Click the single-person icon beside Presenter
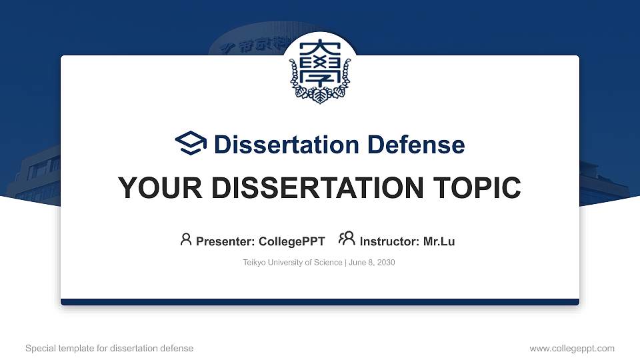click(186, 239)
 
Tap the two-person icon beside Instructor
click(347, 239)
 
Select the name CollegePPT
click(291, 241)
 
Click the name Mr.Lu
click(439, 241)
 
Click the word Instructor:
click(389, 241)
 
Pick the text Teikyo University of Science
click(293, 263)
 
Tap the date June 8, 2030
click(371, 263)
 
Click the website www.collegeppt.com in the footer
click(572, 348)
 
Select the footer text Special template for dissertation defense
click(109, 348)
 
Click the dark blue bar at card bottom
click(320, 302)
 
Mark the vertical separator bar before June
click(345, 263)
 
